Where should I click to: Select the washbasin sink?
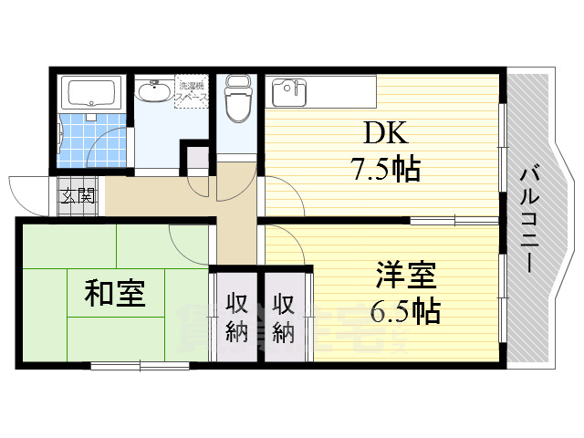point(152,92)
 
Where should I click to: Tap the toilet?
point(237,101)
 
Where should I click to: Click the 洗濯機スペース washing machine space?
point(192,89)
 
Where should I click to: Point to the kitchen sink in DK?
point(289,89)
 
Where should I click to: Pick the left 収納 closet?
point(236,317)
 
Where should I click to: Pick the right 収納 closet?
point(284,317)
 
